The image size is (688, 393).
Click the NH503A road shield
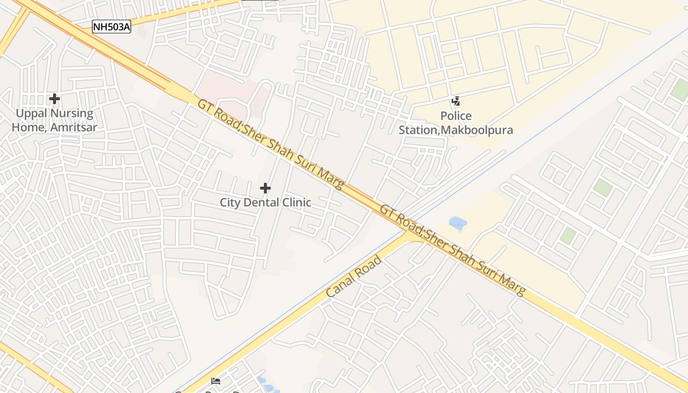pyautogui.click(x=112, y=27)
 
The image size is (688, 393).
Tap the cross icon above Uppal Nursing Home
pyautogui.click(x=54, y=99)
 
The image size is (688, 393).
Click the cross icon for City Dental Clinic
pyautogui.click(x=265, y=188)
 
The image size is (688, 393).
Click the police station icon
pyautogui.click(x=456, y=101)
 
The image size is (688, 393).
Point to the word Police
pyautogui.click(x=456, y=116)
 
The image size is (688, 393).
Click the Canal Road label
pyautogui.click(x=354, y=276)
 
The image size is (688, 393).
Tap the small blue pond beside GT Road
pyautogui.click(x=458, y=224)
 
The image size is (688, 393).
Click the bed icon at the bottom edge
pyautogui.click(x=215, y=381)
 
